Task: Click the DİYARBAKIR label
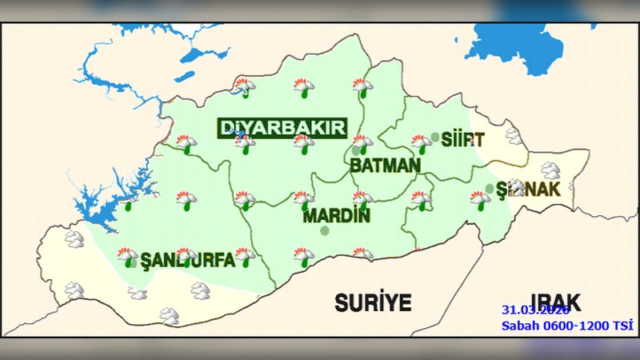pyautogui.click(x=282, y=128)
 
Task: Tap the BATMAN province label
pyautogui.click(x=385, y=166)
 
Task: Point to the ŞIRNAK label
pyautogui.click(x=526, y=190)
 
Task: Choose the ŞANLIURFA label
pyautogui.click(x=187, y=260)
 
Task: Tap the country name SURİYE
pyautogui.click(x=372, y=302)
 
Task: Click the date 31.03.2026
pyautogui.click(x=534, y=310)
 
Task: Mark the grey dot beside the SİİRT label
pyautogui.click(x=435, y=137)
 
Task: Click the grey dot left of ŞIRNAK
pyautogui.click(x=489, y=189)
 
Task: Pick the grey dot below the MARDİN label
pyautogui.click(x=325, y=230)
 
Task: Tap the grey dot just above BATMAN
pyautogui.click(x=356, y=150)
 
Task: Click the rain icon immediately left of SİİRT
pyautogui.click(x=421, y=143)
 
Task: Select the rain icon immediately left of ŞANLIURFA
pyautogui.click(x=127, y=257)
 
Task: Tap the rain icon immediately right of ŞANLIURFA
pyautogui.click(x=244, y=257)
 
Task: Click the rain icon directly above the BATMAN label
pyautogui.click(x=362, y=144)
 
